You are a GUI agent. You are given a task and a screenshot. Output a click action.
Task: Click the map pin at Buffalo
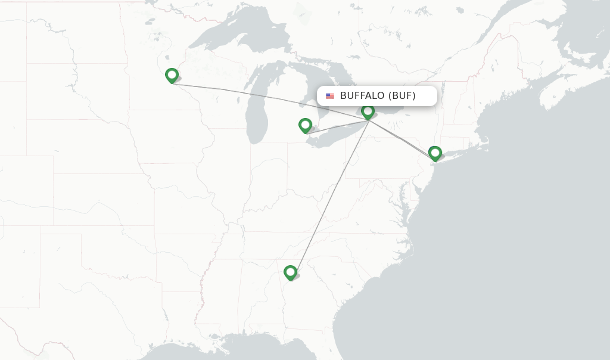368,111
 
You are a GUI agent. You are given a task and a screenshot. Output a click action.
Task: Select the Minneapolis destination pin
172,75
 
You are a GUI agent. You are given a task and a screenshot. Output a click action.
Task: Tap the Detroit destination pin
305,125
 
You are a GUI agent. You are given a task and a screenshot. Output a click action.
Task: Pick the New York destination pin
435,153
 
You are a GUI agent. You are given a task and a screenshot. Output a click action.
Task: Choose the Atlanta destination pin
290,272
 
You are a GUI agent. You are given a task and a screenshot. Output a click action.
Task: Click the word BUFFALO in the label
362,96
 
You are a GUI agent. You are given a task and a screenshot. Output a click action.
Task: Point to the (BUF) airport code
402,96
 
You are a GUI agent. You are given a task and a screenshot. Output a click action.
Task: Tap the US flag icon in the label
330,96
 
